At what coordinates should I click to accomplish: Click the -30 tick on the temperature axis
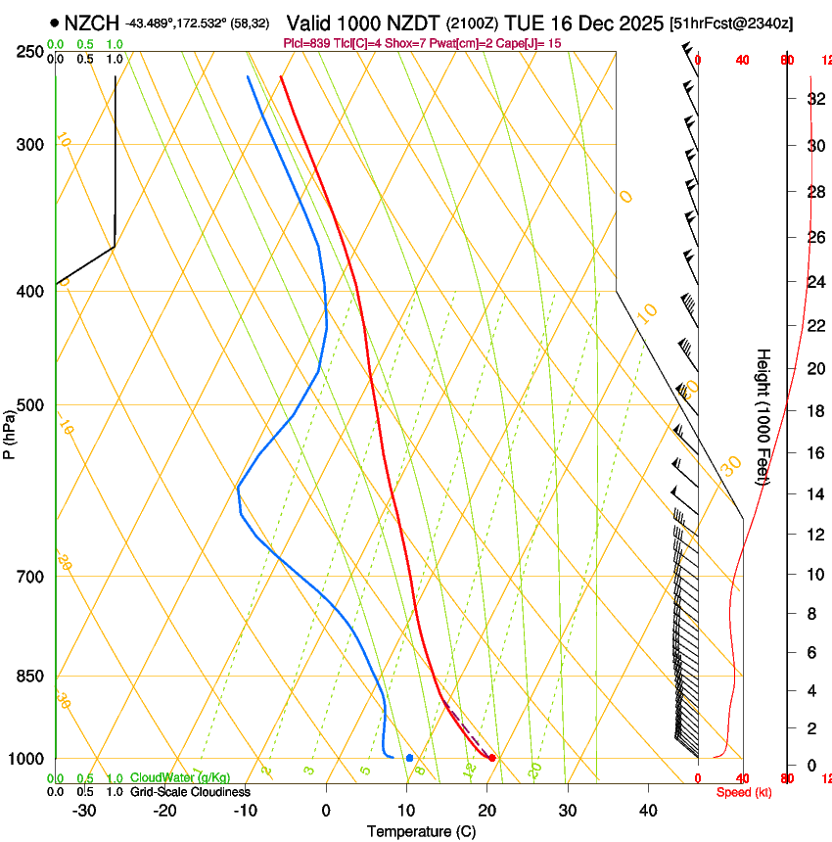tap(84, 811)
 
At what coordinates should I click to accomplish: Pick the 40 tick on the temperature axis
tap(648, 811)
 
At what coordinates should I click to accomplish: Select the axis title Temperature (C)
tap(421, 832)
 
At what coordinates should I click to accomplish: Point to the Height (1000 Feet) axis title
tap(764, 416)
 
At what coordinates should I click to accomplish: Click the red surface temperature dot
tap(492, 758)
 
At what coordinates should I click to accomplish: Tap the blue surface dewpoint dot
tap(409, 758)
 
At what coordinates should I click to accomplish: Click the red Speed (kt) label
tap(744, 792)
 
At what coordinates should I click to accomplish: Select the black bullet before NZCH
tap(54, 23)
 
